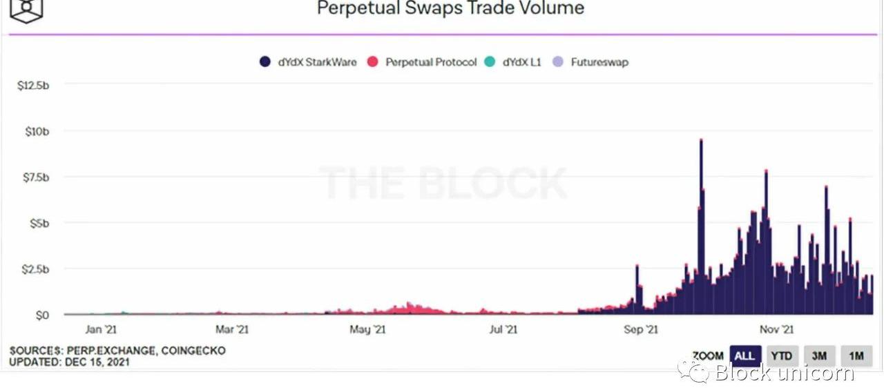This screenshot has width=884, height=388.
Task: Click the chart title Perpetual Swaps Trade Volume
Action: [x=450, y=8]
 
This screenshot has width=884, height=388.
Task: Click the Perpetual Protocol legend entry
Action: [x=422, y=62]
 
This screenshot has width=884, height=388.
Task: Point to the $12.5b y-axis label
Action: [x=32, y=85]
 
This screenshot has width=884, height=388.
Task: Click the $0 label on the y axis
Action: [x=41, y=315]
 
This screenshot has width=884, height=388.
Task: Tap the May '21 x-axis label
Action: [x=367, y=330]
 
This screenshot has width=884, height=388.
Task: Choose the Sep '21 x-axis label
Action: [x=641, y=330]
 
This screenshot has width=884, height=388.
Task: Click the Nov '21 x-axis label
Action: [x=777, y=330]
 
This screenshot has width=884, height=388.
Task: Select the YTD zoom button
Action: [x=781, y=356]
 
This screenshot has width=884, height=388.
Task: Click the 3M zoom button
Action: [x=819, y=356]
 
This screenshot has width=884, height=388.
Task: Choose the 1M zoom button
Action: [x=856, y=356]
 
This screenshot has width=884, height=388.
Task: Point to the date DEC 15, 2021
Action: [x=97, y=362]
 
